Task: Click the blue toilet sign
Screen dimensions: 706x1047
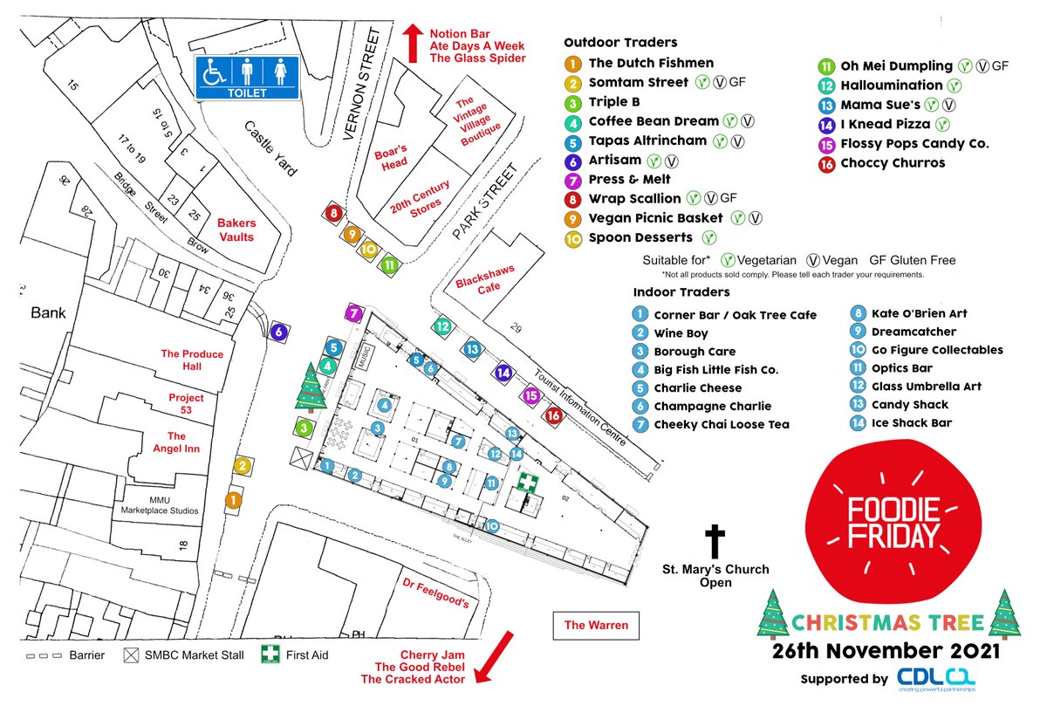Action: point(246,77)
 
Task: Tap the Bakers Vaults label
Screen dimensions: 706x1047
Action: point(236,230)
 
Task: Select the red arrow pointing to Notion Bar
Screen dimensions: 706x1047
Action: point(412,40)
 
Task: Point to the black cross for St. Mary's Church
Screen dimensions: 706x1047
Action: point(715,541)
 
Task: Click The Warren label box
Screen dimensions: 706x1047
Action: point(596,625)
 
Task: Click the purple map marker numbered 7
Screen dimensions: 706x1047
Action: point(353,313)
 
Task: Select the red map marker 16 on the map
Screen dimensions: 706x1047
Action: point(553,415)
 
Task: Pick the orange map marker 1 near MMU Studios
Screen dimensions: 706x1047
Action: point(233,500)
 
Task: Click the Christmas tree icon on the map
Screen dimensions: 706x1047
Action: point(310,387)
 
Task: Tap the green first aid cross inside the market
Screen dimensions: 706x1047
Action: point(526,483)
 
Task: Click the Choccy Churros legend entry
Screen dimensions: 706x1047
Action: point(892,162)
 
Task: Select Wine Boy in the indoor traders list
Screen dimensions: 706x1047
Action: point(681,333)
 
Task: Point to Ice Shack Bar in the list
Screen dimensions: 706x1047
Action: point(911,423)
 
